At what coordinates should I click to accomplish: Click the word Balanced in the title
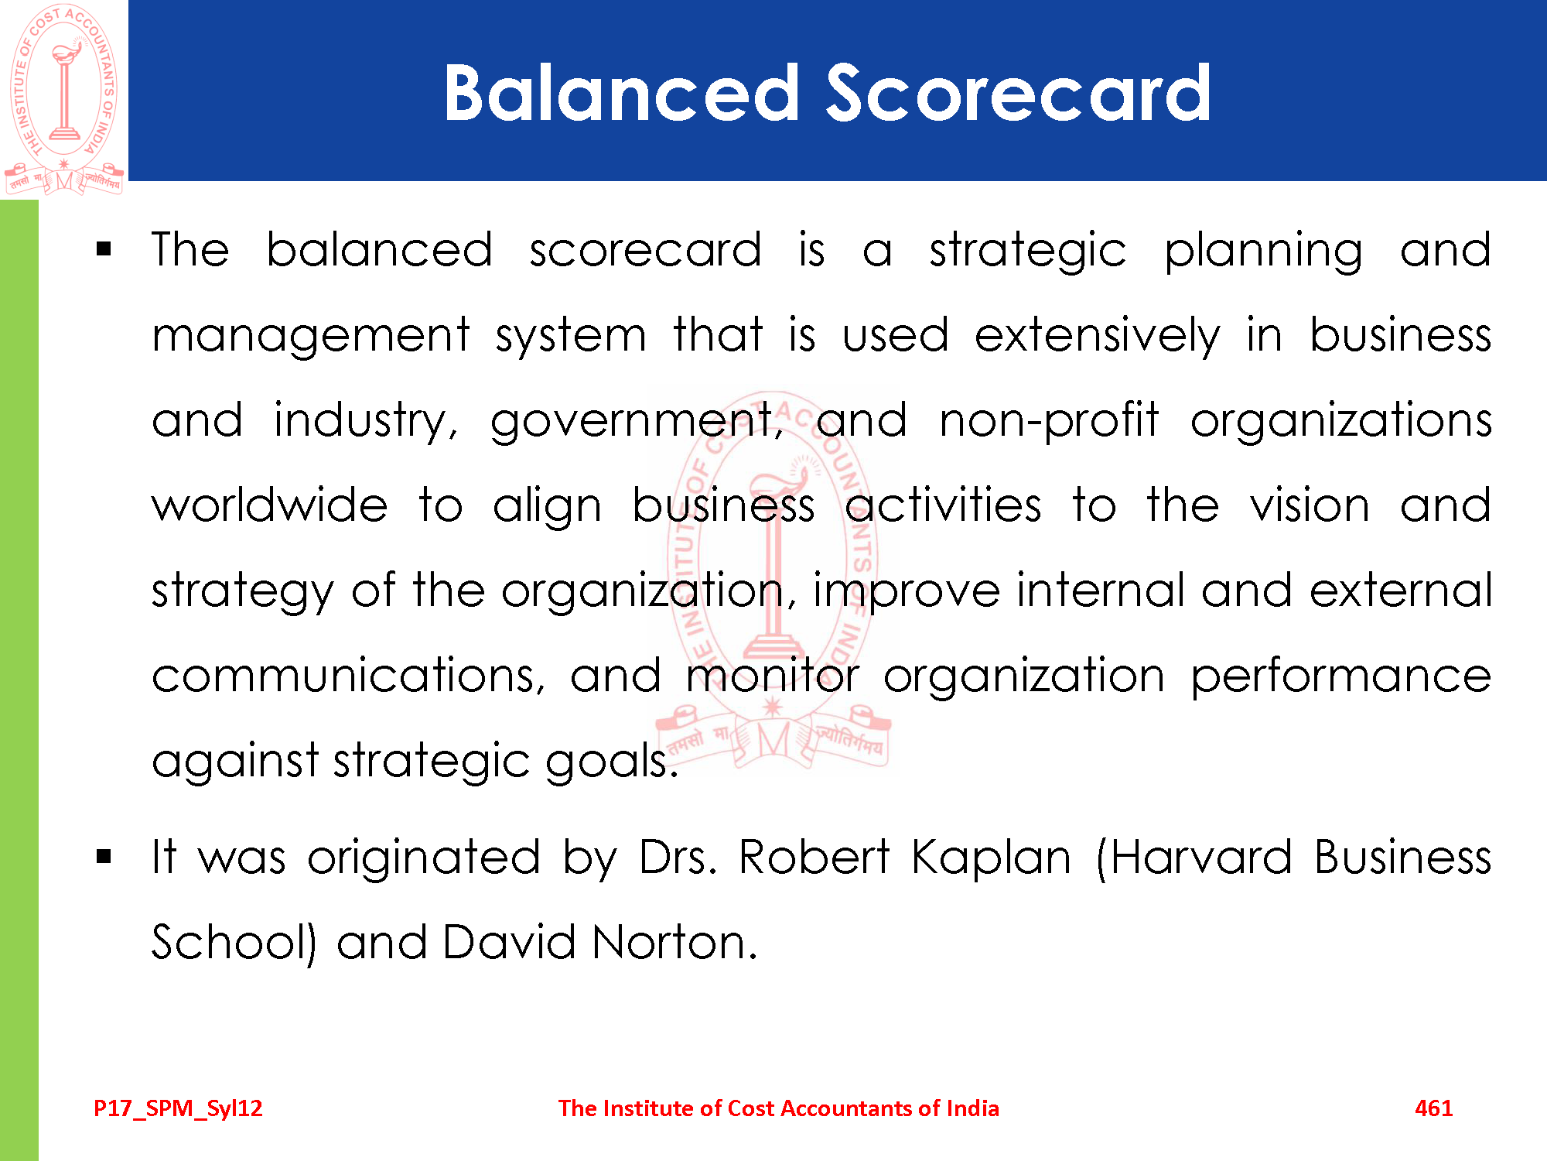622,93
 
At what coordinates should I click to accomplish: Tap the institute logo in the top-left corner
64,99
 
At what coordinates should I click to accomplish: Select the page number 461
1433,1108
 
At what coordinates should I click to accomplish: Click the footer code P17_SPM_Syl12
178,1108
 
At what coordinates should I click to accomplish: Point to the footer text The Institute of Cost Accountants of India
778,1108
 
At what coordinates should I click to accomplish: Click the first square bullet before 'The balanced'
104,249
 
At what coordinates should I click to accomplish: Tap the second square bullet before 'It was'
104,856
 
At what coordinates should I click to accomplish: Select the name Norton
674,943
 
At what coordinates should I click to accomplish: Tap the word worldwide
269,505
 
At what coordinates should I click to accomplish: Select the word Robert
814,858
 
